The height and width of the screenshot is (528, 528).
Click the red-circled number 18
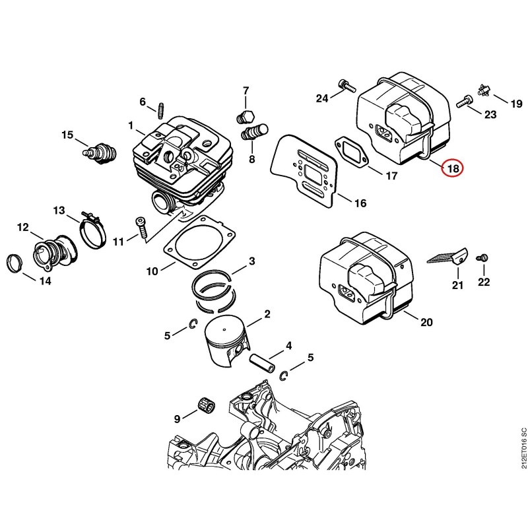453,168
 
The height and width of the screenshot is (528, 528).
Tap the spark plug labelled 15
100,152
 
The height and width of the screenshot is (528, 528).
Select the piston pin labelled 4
262,362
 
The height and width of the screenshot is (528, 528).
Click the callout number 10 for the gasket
152,271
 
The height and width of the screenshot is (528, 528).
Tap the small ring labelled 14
14,262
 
